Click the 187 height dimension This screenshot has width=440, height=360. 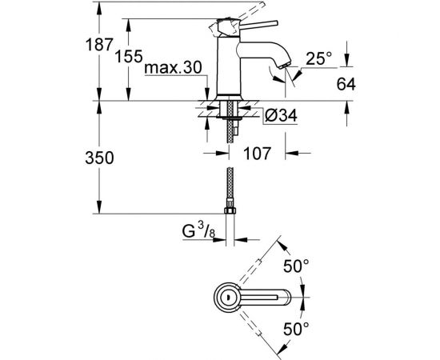[x=99, y=45]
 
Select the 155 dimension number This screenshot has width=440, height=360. [x=129, y=56]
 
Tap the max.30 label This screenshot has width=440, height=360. [x=173, y=68]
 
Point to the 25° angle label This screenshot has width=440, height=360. [x=318, y=58]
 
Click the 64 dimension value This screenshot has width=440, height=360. [x=346, y=84]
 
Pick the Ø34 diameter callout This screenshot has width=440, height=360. [x=280, y=115]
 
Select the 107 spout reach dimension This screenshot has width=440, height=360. [x=257, y=154]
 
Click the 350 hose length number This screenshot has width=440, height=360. [x=100, y=158]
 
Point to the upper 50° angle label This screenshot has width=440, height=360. [x=296, y=266]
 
